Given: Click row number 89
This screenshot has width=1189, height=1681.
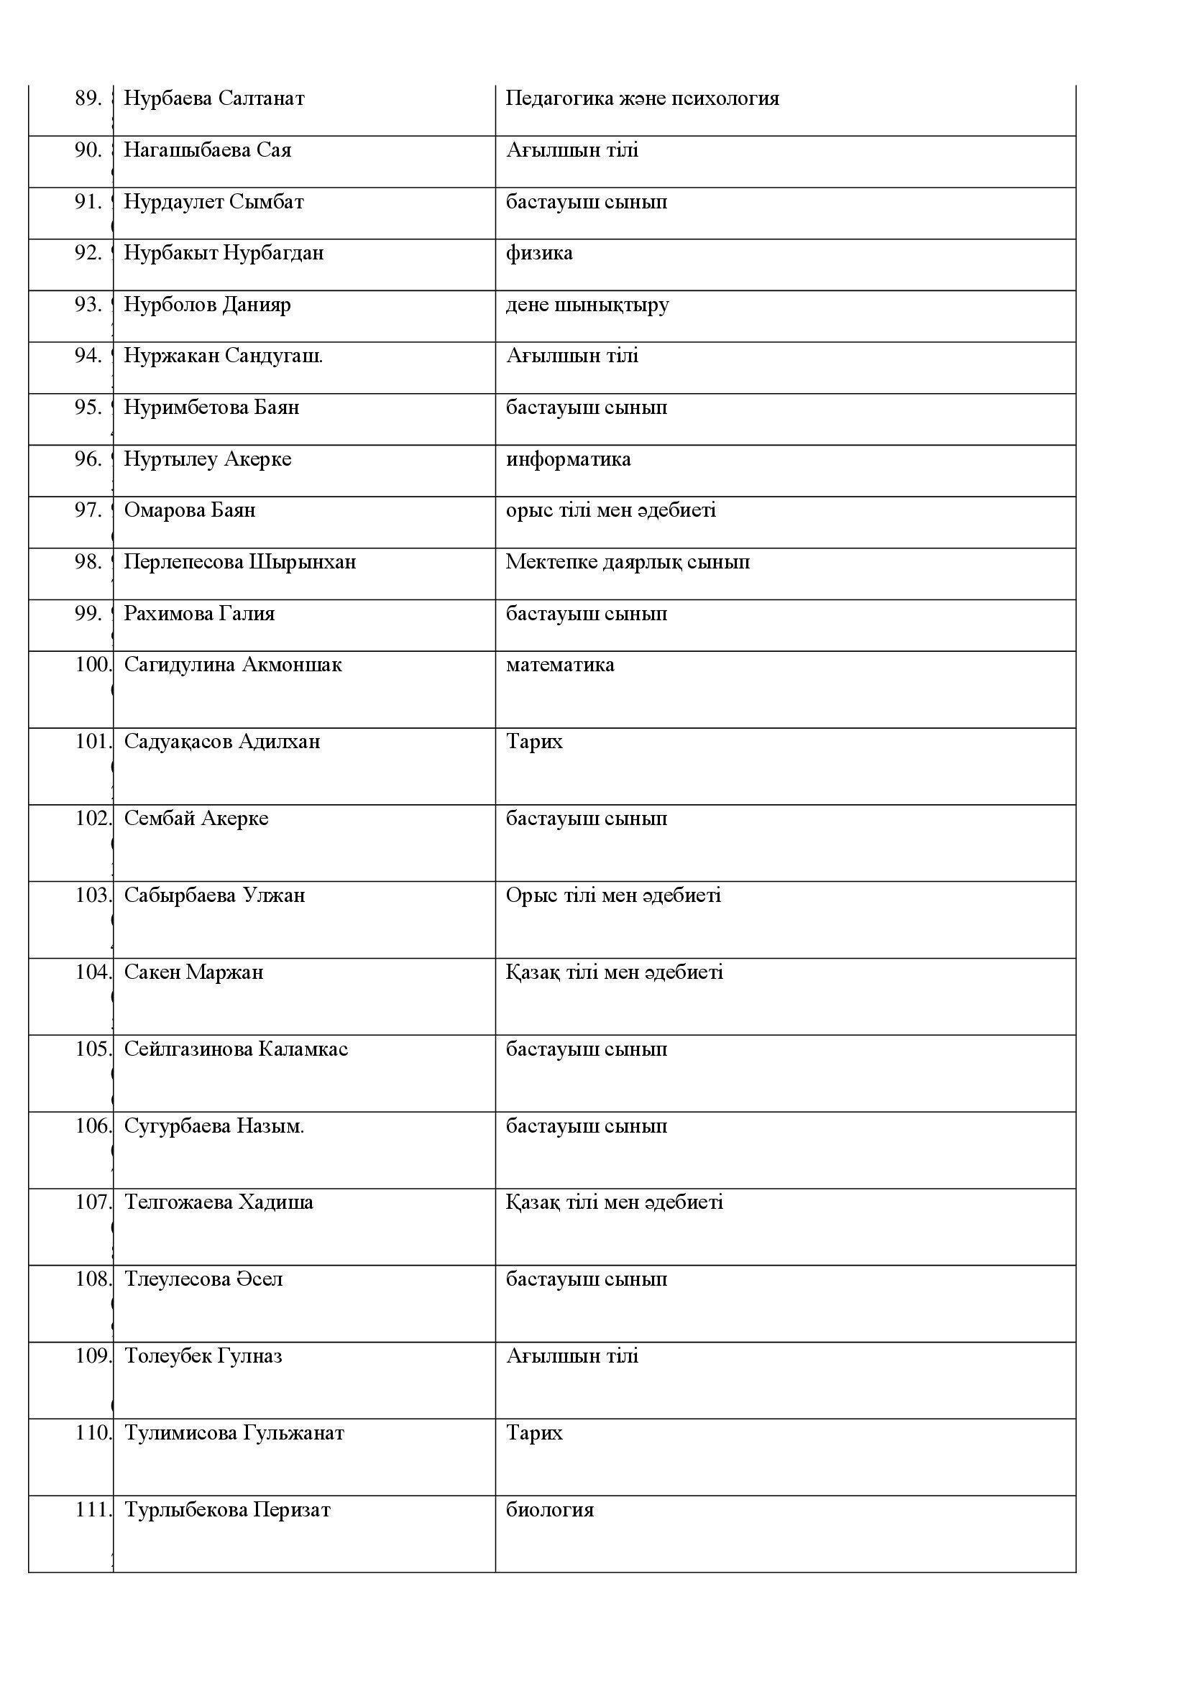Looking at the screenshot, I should tap(88, 98).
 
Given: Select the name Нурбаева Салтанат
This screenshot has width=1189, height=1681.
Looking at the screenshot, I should tap(214, 98).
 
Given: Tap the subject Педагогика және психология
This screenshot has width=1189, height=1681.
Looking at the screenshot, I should tap(642, 98).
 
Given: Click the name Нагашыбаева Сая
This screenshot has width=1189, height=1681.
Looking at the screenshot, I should tap(207, 150).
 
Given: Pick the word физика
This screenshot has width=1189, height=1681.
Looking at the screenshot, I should tap(539, 253).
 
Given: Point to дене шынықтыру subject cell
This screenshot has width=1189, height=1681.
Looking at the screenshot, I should tap(587, 305).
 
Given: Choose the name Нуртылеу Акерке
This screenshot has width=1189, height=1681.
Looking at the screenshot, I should tap(207, 459).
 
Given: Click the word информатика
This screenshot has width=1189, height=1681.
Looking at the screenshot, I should tap(568, 459).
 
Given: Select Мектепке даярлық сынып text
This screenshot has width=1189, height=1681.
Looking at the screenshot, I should tap(628, 562).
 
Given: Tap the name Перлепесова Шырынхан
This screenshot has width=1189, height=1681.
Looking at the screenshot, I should tap(240, 562).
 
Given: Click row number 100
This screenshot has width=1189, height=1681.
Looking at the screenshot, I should tap(93, 665).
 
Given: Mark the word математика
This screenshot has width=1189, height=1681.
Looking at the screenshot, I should tap(560, 665).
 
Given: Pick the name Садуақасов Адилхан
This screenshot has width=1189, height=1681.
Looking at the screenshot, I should tap(222, 742).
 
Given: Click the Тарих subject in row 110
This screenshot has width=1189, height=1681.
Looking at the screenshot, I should tap(534, 1433).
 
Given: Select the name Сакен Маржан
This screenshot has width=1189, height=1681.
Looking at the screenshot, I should tap(193, 972).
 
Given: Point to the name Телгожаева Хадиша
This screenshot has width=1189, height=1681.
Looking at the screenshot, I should tap(219, 1202).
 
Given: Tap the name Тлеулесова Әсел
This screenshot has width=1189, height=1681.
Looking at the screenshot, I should tap(203, 1279).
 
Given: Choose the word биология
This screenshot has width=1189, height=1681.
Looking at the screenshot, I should tap(550, 1510).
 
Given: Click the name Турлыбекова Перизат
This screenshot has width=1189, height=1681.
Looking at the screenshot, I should tap(228, 1510).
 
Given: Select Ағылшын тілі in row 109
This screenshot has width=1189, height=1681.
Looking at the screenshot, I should tap(571, 1356).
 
